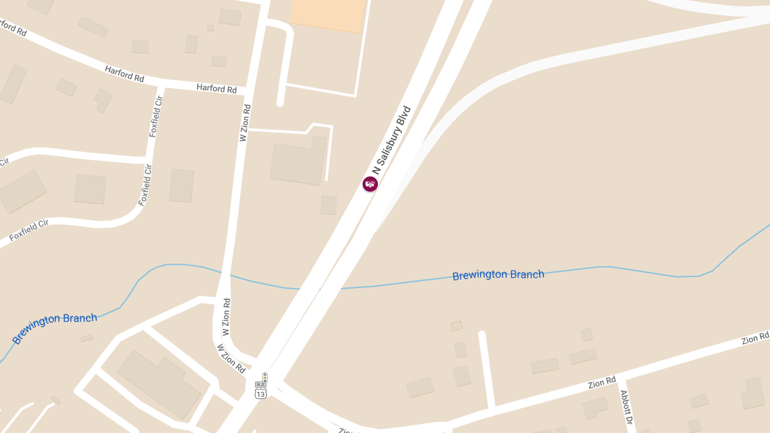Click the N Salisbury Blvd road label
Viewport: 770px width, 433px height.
[x=391, y=140]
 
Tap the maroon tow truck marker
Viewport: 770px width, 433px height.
[x=370, y=184]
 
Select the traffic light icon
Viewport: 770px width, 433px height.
[x=264, y=378]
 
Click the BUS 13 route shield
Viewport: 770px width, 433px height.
[x=261, y=391]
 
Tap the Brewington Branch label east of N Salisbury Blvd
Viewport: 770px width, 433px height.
[x=498, y=275]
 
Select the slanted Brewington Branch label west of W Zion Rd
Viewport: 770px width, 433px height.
[x=55, y=328]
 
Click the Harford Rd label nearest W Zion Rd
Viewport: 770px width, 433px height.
[x=217, y=89]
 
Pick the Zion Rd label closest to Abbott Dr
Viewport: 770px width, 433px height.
[x=602, y=383]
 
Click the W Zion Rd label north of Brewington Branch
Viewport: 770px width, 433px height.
[x=244, y=123]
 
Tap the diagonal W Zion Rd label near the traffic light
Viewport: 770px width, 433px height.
[x=231, y=359]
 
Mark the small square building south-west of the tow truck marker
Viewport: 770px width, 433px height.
[x=329, y=205]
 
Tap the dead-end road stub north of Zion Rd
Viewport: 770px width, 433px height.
[x=486, y=369]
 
